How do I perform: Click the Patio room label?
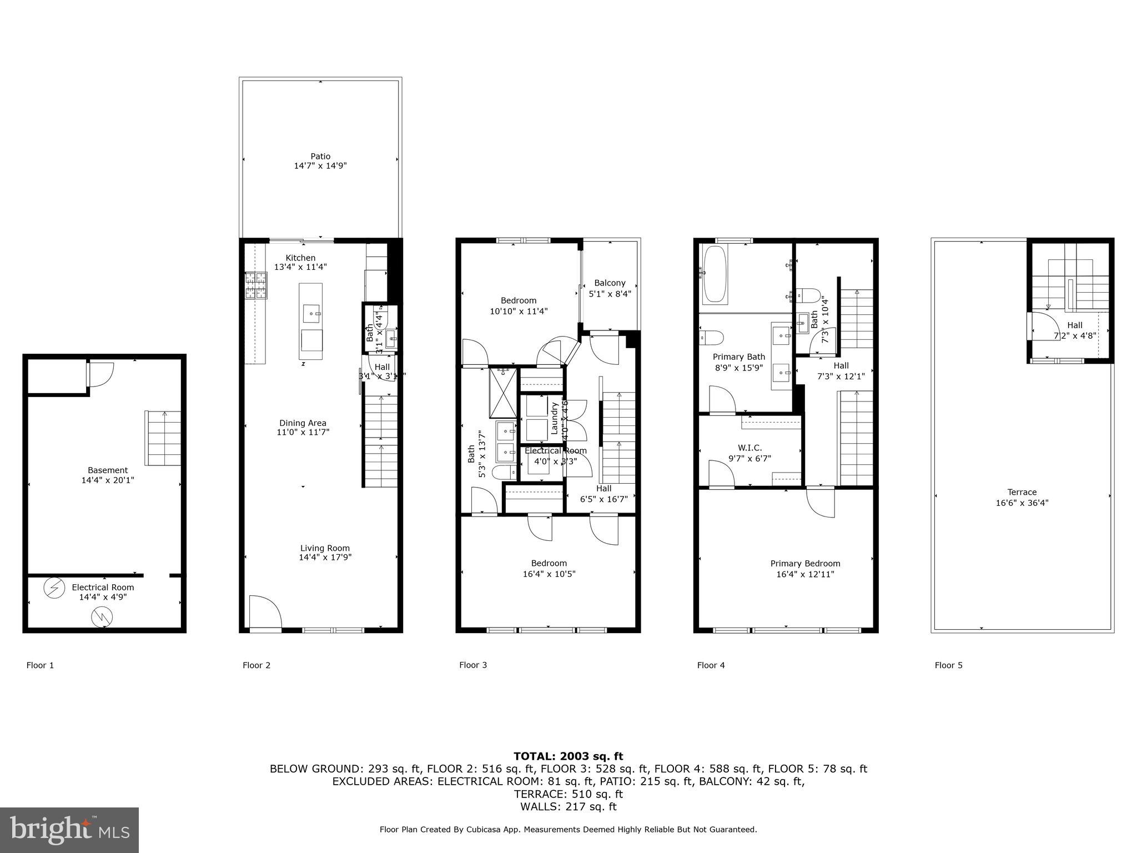click(320, 156)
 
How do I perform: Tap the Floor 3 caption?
click(473, 665)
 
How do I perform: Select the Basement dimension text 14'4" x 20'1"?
click(108, 480)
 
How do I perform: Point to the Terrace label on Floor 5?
click(1022, 492)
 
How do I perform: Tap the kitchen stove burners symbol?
click(256, 286)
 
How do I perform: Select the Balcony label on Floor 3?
click(610, 283)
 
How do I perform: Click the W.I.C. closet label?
click(749, 448)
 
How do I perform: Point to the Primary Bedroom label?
click(805, 563)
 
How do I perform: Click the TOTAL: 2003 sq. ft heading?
click(568, 756)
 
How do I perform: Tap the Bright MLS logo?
click(69, 830)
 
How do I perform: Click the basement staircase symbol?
click(163, 438)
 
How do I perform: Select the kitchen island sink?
click(311, 314)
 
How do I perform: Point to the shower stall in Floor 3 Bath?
click(502, 392)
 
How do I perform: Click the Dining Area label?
click(303, 423)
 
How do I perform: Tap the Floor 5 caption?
click(948, 665)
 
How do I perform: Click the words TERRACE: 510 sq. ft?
click(568, 794)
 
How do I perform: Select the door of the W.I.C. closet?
click(721, 473)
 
